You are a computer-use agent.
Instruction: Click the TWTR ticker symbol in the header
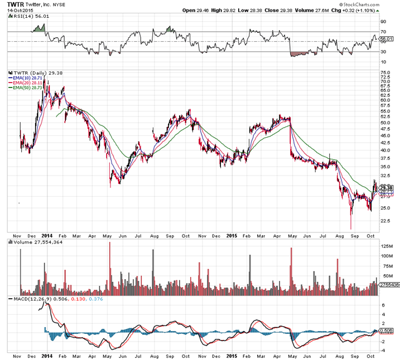tap(15, 4)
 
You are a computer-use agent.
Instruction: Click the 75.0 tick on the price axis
tap(385, 72)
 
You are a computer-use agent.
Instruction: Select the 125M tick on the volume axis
tap(385, 246)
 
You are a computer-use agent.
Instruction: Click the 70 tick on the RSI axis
tap(383, 31)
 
